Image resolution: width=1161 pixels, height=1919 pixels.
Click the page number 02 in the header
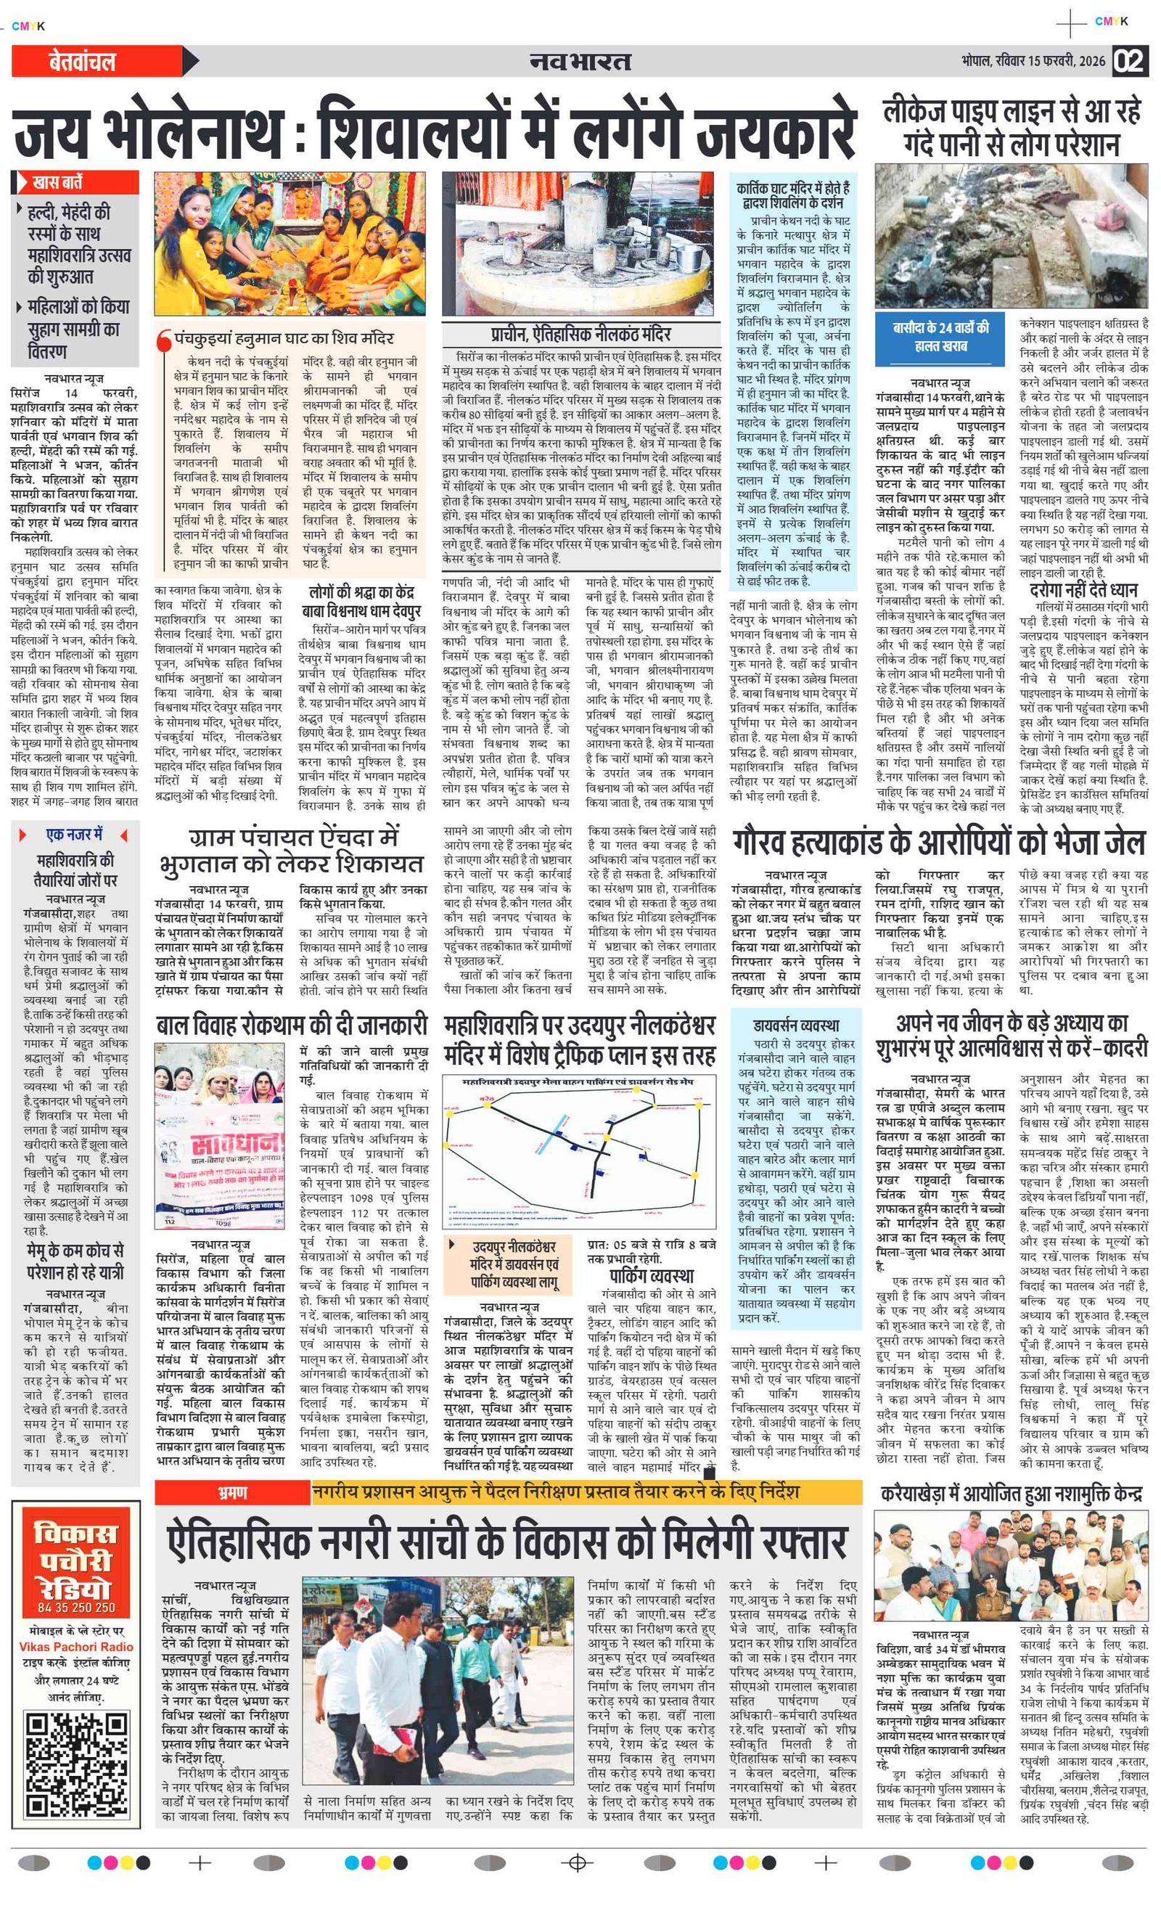coord(1130,61)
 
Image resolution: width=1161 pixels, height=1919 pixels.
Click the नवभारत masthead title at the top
coord(579,61)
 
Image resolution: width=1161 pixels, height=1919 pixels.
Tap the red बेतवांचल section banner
coord(83,62)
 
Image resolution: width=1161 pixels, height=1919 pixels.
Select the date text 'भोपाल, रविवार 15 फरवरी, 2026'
coord(1033,61)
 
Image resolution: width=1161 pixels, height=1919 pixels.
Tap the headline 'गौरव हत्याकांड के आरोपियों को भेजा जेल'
coord(938,843)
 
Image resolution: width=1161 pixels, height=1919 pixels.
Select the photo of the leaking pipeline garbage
coord(1011,236)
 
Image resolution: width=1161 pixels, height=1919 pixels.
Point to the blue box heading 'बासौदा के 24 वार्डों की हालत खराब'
coord(940,337)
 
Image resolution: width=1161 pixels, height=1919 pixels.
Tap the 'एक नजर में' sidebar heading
coord(75,835)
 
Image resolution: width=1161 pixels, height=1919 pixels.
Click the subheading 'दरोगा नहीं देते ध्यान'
coord(1083,589)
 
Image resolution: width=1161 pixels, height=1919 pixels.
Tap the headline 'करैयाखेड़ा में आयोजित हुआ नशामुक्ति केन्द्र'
coord(1011,1494)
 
